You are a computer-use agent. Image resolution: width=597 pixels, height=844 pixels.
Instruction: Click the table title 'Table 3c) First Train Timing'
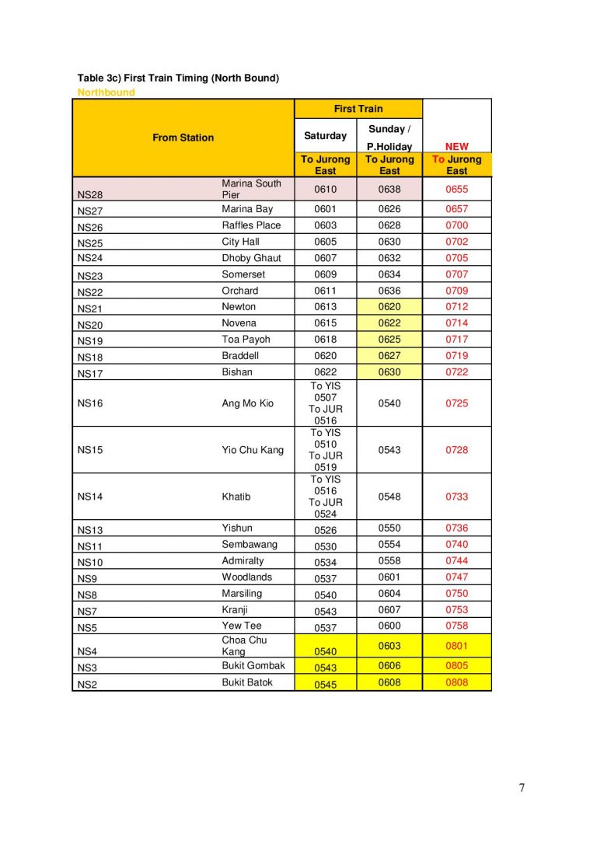click(x=178, y=78)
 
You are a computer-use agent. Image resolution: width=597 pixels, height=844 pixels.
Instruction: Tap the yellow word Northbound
click(x=106, y=92)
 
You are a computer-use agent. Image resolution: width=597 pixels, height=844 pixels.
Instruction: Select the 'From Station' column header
click(x=183, y=138)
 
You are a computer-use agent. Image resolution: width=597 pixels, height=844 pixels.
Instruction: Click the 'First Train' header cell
click(x=358, y=109)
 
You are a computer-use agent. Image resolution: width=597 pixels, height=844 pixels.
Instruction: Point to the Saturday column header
click(x=325, y=136)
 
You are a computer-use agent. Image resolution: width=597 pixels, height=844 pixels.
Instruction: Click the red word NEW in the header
click(x=456, y=146)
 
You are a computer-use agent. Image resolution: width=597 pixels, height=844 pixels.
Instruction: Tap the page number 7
click(x=522, y=788)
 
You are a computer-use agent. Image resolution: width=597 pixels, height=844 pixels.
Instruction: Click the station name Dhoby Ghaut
click(x=251, y=258)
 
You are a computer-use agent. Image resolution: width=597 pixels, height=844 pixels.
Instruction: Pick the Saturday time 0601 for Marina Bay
click(x=325, y=209)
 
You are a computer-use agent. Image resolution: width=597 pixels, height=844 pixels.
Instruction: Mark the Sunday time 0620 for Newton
click(x=389, y=307)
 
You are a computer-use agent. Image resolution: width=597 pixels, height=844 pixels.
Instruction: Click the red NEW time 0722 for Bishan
click(x=456, y=372)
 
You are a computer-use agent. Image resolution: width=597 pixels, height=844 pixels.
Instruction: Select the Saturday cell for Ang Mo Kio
click(x=325, y=403)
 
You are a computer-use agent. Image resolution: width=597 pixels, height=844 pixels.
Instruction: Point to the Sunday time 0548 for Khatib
click(x=389, y=497)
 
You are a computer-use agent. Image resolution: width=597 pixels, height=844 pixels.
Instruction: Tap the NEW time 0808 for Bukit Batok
click(x=456, y=683)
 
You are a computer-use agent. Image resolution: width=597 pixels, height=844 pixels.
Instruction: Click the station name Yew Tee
click(x=241, y=626)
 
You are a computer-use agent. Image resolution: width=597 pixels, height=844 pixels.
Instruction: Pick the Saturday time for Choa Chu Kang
click(x=325, y=651)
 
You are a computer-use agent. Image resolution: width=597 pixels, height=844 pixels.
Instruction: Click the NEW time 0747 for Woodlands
click(x=456, y=577)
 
